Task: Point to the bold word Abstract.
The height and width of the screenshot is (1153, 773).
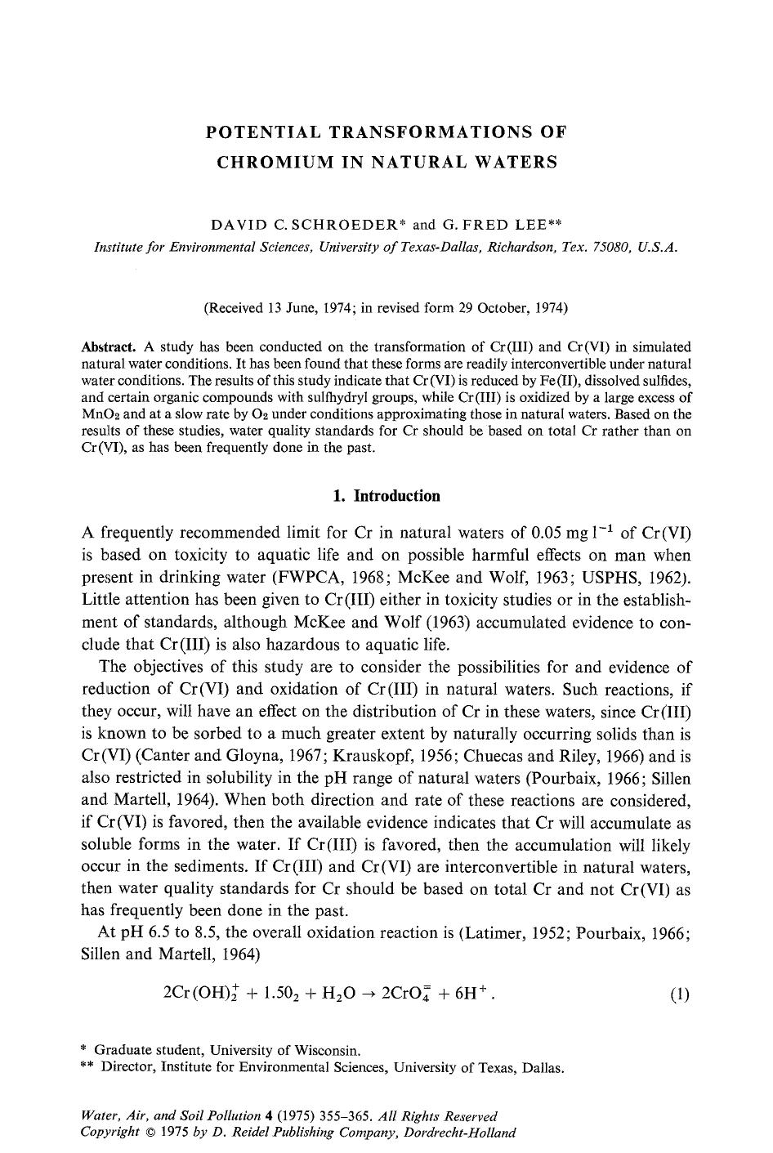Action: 109,346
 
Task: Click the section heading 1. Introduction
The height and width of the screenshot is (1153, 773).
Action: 386,496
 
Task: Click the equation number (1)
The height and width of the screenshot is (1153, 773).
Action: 679,994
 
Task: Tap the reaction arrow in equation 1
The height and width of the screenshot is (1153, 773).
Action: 371,994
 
